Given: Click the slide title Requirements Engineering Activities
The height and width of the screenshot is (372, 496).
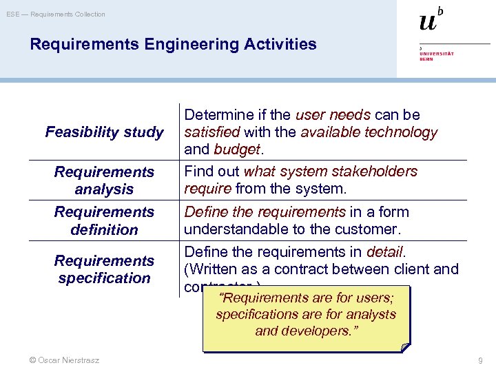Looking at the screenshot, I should click(x=173, y=45).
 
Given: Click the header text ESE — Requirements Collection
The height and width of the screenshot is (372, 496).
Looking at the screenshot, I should click(x=56, y=14).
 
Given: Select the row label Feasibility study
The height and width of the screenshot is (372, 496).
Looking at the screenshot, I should click(x=104, y=132).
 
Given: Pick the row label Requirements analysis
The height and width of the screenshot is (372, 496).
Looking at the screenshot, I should click(x=104, y=180).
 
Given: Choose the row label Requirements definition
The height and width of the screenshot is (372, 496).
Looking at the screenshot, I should click(x=104, y=220).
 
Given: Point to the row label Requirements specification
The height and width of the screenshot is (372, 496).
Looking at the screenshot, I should click(x=104, y=269).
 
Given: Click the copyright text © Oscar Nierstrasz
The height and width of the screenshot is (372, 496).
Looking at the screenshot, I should click(x=60, y=360).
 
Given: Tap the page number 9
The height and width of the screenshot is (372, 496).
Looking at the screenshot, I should click(x=481, y=360).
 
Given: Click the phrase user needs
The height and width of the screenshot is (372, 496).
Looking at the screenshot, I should click(x=333, y=114).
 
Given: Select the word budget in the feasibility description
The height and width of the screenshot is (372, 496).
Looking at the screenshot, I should click(x=237, y=149).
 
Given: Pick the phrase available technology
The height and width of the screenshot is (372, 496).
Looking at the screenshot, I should click(x=369, y=132).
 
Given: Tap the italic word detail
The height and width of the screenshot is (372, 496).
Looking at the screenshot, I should click(x=386, y=251).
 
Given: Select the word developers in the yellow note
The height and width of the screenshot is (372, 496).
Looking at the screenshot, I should click(x=319, y=331).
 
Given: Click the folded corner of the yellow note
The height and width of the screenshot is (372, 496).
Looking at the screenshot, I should click(x=404, y=347).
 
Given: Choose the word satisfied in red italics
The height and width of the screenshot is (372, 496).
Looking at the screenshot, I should click(x=211, y=132).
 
